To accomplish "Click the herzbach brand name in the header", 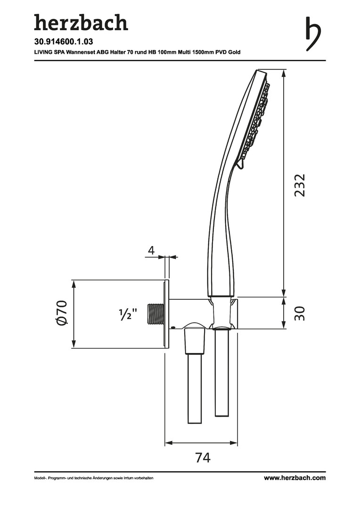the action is pyautogui.click(x=81, y=23).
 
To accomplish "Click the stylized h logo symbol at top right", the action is pyautogui.click(x=313, y=33).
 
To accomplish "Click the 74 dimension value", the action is pyautogui.click(x=203, y=457).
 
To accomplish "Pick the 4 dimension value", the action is pyautogui.click(x=151, y=251).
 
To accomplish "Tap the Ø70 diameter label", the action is pyautogui.click(x=61, y=312).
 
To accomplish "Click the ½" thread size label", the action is pyautogui.click(x=128, y=314).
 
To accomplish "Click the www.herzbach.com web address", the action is pyautogui.click(x=295, y=478).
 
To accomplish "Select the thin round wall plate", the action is pyautogui.click(x=167, y=314).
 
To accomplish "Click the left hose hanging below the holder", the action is pyautogui.click(x=195, y=388).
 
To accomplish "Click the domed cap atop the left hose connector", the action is pyautogui.click(x=194, y=326).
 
